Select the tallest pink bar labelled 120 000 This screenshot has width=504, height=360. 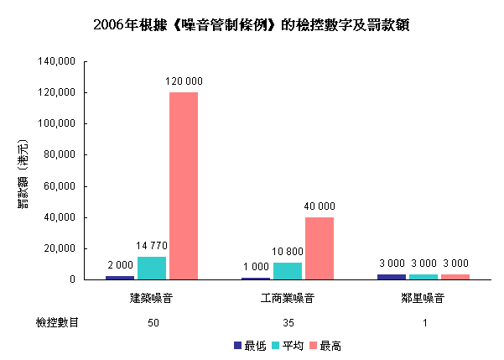coord(184,185)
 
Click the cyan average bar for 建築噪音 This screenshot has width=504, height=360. coord(152,268)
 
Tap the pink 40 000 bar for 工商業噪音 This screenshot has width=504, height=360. coord(320,248)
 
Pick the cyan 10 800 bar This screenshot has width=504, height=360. coord(288,270)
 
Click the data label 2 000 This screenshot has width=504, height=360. coord(120,265)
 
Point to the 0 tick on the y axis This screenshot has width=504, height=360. coord(74,279)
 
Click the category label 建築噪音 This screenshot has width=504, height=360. coord(152,298)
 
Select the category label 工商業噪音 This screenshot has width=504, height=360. coord(288,298)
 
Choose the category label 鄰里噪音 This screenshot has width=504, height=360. coord(423,298)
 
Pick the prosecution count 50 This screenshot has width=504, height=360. coord(152,322)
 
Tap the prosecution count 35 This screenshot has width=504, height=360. coord(288,322)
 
